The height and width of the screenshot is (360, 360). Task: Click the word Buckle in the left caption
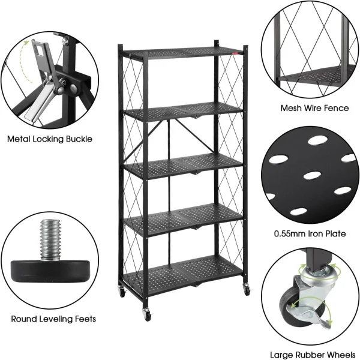tap(79, 139)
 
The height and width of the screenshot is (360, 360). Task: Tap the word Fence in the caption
tap(337, 108)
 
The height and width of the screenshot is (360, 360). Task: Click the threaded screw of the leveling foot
tap(50, 240)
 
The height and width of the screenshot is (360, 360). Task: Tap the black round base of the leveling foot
tap(50, 271)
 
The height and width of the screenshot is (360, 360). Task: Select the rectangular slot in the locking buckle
tap(38, 50)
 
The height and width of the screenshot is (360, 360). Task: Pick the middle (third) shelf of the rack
tap(182, 166)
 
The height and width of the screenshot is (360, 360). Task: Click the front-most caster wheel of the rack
tap(147, 314)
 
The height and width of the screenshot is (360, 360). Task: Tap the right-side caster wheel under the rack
tap(247, 289)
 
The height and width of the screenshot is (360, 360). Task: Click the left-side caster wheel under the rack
tap(122, 292)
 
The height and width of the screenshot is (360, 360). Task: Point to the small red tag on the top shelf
tap(236, 54)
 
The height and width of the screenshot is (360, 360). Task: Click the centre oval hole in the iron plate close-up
tap(312, 176)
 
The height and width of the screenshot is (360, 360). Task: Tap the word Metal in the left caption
tap(19, 139)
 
